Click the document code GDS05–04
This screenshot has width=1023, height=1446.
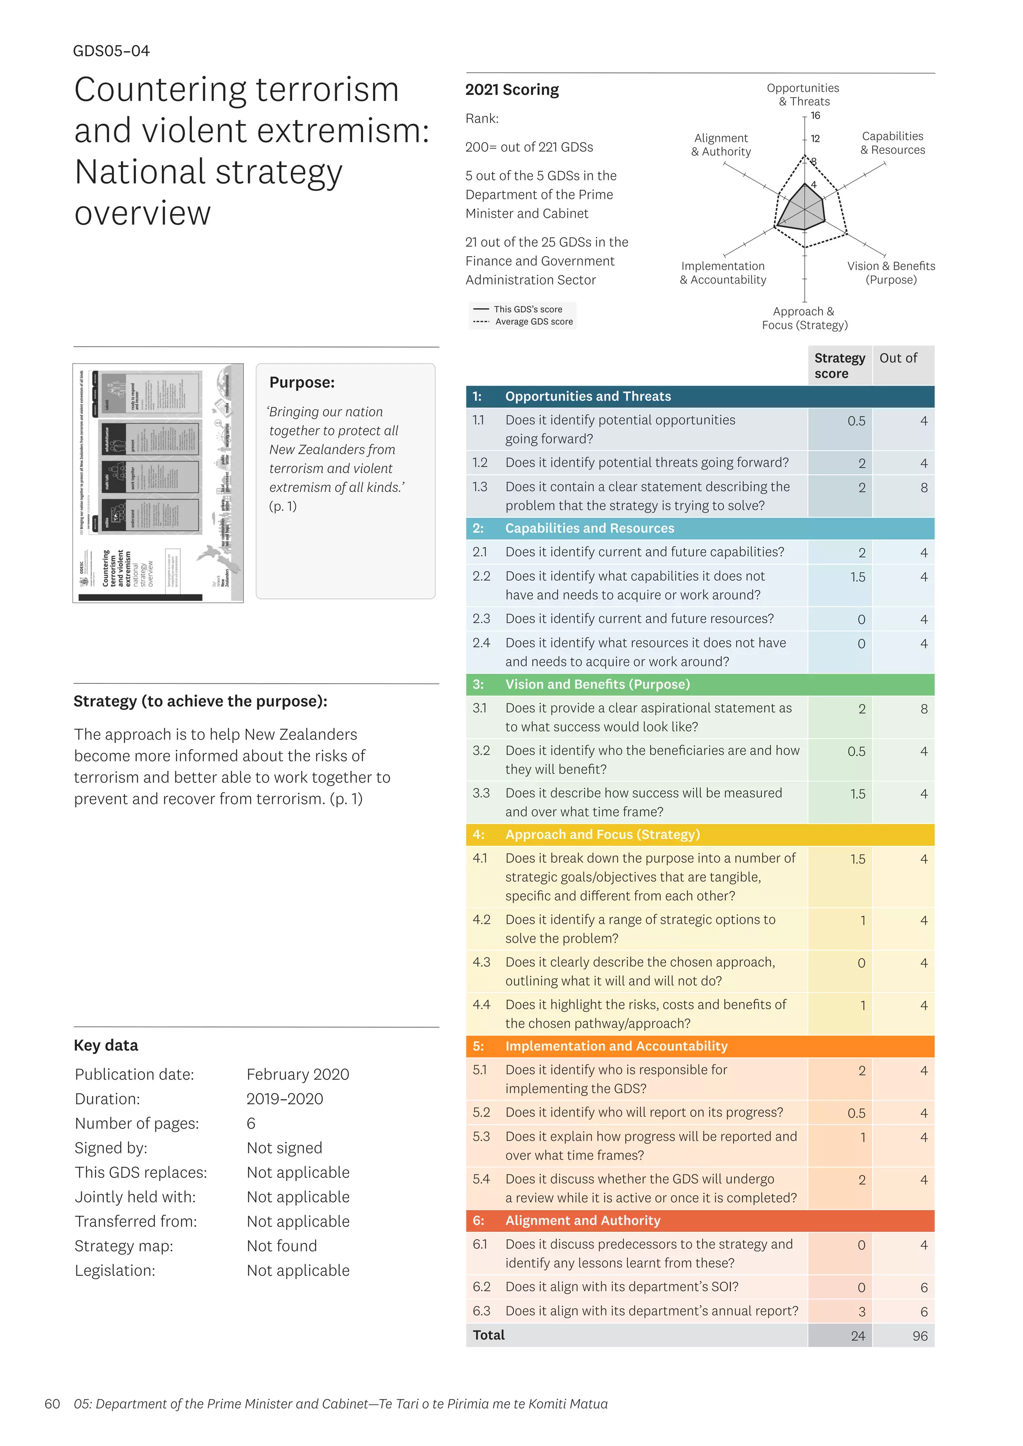click(x=111, y=51)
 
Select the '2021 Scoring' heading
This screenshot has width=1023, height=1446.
click(x=511, y=90)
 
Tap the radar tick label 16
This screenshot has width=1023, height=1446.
click(x=815, y=116)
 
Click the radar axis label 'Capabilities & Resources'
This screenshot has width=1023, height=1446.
click(x=892, y=143)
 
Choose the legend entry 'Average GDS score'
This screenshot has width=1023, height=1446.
click(x=533, y=322)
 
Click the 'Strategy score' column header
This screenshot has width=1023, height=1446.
click(x=839, y=365)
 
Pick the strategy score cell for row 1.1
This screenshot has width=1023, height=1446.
click(x=856, y=421)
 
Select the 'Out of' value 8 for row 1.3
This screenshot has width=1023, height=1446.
click(x=924, y=487)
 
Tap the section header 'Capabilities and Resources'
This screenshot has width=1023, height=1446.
click(x=589, y=528)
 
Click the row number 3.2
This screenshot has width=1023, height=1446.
click(x=481, y=750)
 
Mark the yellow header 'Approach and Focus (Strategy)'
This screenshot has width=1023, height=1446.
click(x=602, y=834)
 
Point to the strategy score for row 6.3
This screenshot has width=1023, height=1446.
click(x=861, y=1312)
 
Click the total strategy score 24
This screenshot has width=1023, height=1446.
click(x=857, y=1336)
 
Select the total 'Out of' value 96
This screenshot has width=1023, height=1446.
click(x=919, y=1336)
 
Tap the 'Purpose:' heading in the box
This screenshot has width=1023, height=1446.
click(x=302, y=382)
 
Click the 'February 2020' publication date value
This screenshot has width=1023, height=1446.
click(x=297, y=1075)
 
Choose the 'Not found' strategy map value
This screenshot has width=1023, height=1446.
click(x=282, y=1246)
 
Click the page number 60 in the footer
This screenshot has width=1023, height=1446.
click(x=52, y=1404)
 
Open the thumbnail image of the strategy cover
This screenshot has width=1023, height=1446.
click(x=158, y=483)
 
